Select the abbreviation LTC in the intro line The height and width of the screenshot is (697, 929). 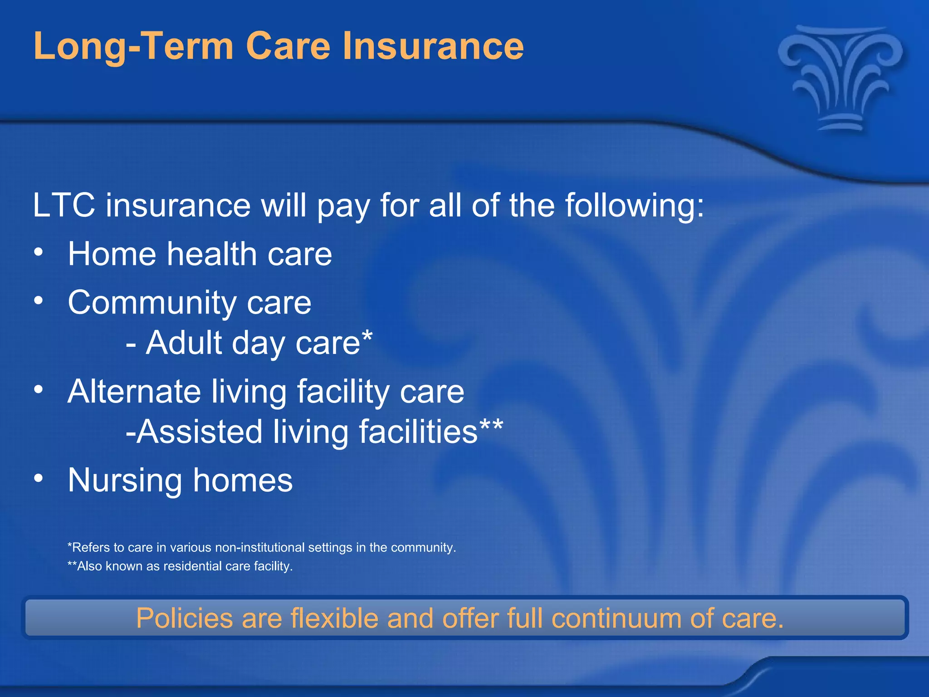coord(64,206)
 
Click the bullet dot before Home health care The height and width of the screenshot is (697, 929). coord(39,252)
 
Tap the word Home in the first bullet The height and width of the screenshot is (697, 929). coord(112,254)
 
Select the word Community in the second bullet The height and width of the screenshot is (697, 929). coord(152,303)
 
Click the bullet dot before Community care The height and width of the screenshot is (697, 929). coord(39,300)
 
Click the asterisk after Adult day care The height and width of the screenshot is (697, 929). coord(367,337)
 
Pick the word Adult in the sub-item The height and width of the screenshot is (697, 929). coord(183,343)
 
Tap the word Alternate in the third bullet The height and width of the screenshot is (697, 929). coord(134,391)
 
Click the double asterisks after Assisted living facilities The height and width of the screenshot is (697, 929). coord(491,426)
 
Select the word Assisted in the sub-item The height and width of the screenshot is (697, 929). coord(200,432)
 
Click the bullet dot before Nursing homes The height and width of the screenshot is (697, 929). coord(39,478)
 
